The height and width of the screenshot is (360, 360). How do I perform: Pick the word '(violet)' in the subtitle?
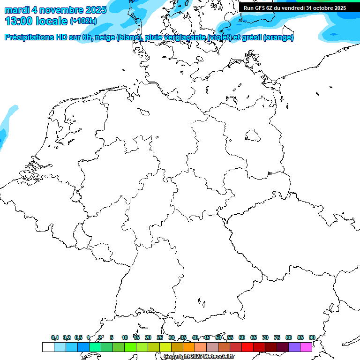(x=223, y=37)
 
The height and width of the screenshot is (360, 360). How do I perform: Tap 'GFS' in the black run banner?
(x=265, y=8)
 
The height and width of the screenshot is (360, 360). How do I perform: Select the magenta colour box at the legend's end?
(x=306, y=347)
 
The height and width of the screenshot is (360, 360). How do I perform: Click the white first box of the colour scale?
(x=48, y=347)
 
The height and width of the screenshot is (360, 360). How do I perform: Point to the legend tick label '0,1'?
(x=55, y=337)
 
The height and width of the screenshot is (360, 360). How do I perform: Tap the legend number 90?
(x=312, y=337)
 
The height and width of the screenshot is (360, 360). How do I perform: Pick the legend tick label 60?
(x=242, y=337)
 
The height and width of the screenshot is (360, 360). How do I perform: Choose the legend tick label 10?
(x=125, y=337)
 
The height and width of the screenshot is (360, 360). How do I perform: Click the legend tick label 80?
(x=288, y=337)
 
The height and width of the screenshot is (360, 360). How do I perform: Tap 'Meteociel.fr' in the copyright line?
(x=218, y=357)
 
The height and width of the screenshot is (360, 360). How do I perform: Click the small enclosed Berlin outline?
(x=253, y=136)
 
